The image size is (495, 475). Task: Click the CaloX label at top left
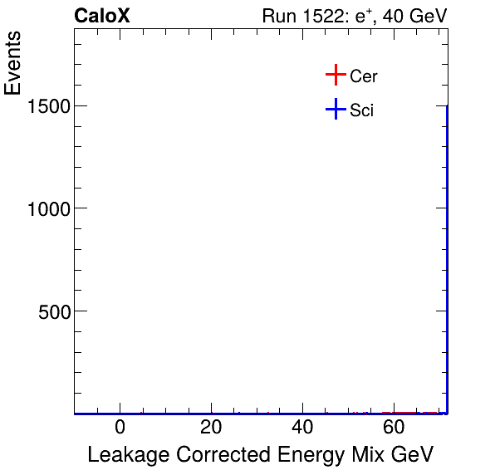[x=101, y=16]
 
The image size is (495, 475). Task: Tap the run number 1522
[x=325, y=16]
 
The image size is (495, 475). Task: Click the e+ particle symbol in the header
[x=365, y=16]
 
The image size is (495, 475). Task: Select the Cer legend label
[x=364, y=76]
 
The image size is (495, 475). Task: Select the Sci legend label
[x=362, y=110]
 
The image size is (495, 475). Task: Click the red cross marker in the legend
[x=335, y=76]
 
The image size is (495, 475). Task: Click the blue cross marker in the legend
[x=335, y=109]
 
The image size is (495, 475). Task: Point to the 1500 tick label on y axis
[x=48, y=105]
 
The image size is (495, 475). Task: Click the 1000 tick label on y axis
[x=48, y=208]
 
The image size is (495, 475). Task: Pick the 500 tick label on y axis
[x=54, y=311]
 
